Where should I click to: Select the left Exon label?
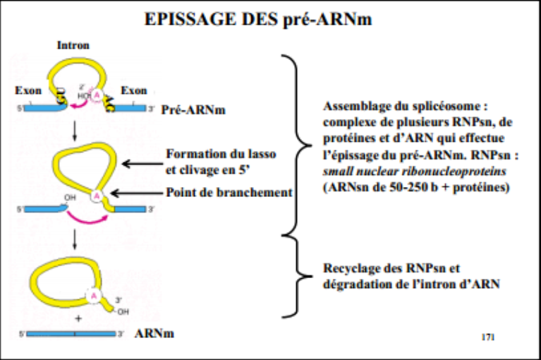pyautogui.click(x=28, y=91)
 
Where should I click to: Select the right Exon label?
pyautogui.click(x=133, y=91)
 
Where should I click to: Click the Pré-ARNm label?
pyautogui.click(x=187, y=111)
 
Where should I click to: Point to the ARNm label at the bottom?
pyautogui.click(x=154, y=333)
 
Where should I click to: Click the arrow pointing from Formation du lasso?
pyautogui.click(x=141, y=164)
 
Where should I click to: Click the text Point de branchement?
pyautogui.click(x=228, y=193)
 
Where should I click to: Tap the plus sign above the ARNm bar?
pyautogui.click(x=78, y=319)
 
